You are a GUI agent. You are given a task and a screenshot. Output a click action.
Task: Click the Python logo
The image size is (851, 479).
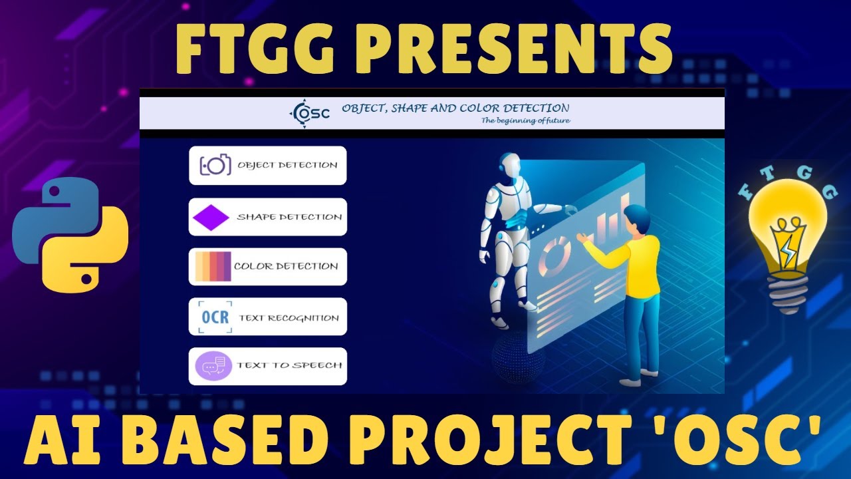tap(70, 234)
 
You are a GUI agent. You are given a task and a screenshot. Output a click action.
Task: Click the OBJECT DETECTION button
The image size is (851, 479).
tap(267, 166)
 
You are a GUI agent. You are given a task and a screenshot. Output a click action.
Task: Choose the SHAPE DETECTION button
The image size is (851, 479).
tap(267, 217)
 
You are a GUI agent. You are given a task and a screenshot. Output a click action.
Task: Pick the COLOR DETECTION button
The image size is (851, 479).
tap(267, 267)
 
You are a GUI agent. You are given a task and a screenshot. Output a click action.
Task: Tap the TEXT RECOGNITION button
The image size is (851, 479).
tap(267, 317)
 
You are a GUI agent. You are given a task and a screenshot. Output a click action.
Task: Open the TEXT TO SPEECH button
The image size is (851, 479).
tap(267, 366)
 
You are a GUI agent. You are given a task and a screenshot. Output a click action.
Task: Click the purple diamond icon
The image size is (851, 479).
tap(211, 218)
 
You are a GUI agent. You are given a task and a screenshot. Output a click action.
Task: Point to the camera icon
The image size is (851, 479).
tap(215, 166)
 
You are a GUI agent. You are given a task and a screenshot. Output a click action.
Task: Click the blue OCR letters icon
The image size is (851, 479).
tap(215, 317)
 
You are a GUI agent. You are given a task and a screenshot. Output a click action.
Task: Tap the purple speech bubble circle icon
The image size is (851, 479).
tap(213, 366)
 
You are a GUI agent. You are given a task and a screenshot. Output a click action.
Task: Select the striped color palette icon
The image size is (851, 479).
tap(213, 267)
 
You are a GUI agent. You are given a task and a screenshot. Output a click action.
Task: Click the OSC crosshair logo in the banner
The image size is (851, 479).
tap(309, 113)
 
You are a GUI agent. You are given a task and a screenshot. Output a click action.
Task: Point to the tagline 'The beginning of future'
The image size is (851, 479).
tap(525, 121)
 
